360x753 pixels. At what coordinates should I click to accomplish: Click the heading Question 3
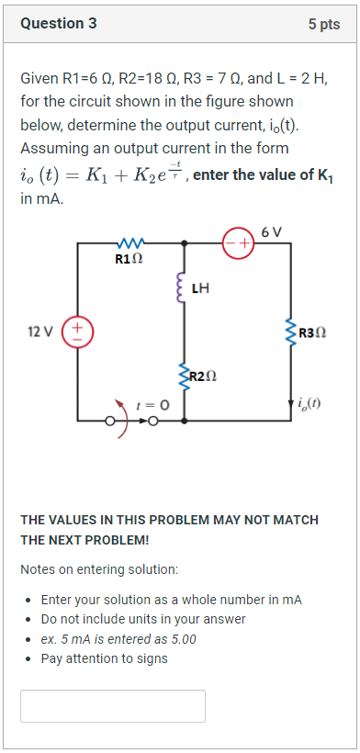click(58, 24)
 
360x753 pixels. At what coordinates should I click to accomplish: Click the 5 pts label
click(324, 24)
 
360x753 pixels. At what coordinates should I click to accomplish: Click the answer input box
click(113, 706)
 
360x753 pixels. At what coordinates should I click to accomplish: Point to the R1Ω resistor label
click(128, 260)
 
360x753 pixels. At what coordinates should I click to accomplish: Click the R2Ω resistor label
click(203, 376)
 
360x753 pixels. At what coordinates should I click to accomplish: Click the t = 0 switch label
click(152, 404)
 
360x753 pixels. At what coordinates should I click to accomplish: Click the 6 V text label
click(271, 230)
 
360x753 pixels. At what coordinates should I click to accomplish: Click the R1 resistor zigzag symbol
click(128, 243)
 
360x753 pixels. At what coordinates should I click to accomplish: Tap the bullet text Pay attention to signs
click(104, 658)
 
